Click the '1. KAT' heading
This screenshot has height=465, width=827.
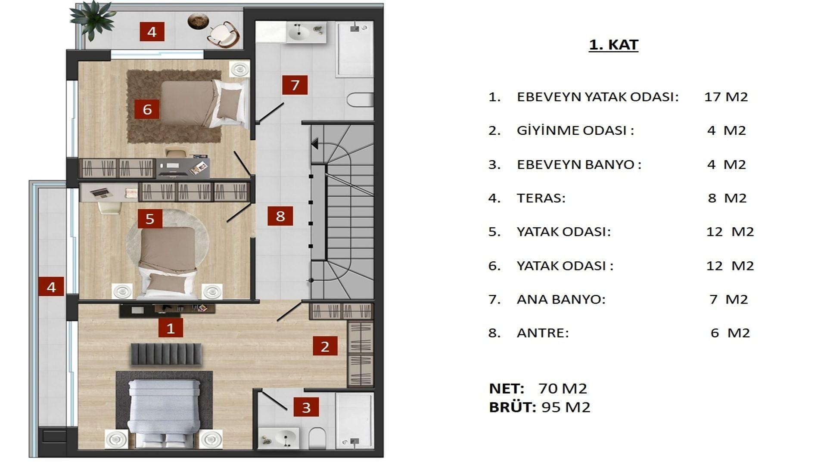point(613,45)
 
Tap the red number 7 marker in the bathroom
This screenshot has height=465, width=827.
point(295,85)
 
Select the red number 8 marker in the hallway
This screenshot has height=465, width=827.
point(280,216)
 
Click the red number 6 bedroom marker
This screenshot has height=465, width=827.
point(147,109)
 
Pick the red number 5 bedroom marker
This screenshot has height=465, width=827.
point(150,219)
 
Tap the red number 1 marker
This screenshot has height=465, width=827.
point(171,328)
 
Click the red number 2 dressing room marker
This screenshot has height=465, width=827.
point(325,346)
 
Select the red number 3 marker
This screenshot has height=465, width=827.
point(306,407)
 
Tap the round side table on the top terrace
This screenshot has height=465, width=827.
point(198,21)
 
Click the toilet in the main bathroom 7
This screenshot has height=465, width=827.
point(360,100)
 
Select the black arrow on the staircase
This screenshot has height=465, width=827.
point(315,143)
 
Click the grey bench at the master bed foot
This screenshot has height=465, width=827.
point(166,354)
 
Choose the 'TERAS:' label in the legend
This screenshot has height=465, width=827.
point(541,198)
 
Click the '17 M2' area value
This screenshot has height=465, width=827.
point(726,97)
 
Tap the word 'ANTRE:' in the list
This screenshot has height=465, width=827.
point(543,333)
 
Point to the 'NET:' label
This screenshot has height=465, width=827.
point(507,388)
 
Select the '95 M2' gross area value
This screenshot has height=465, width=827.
point(566,407)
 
